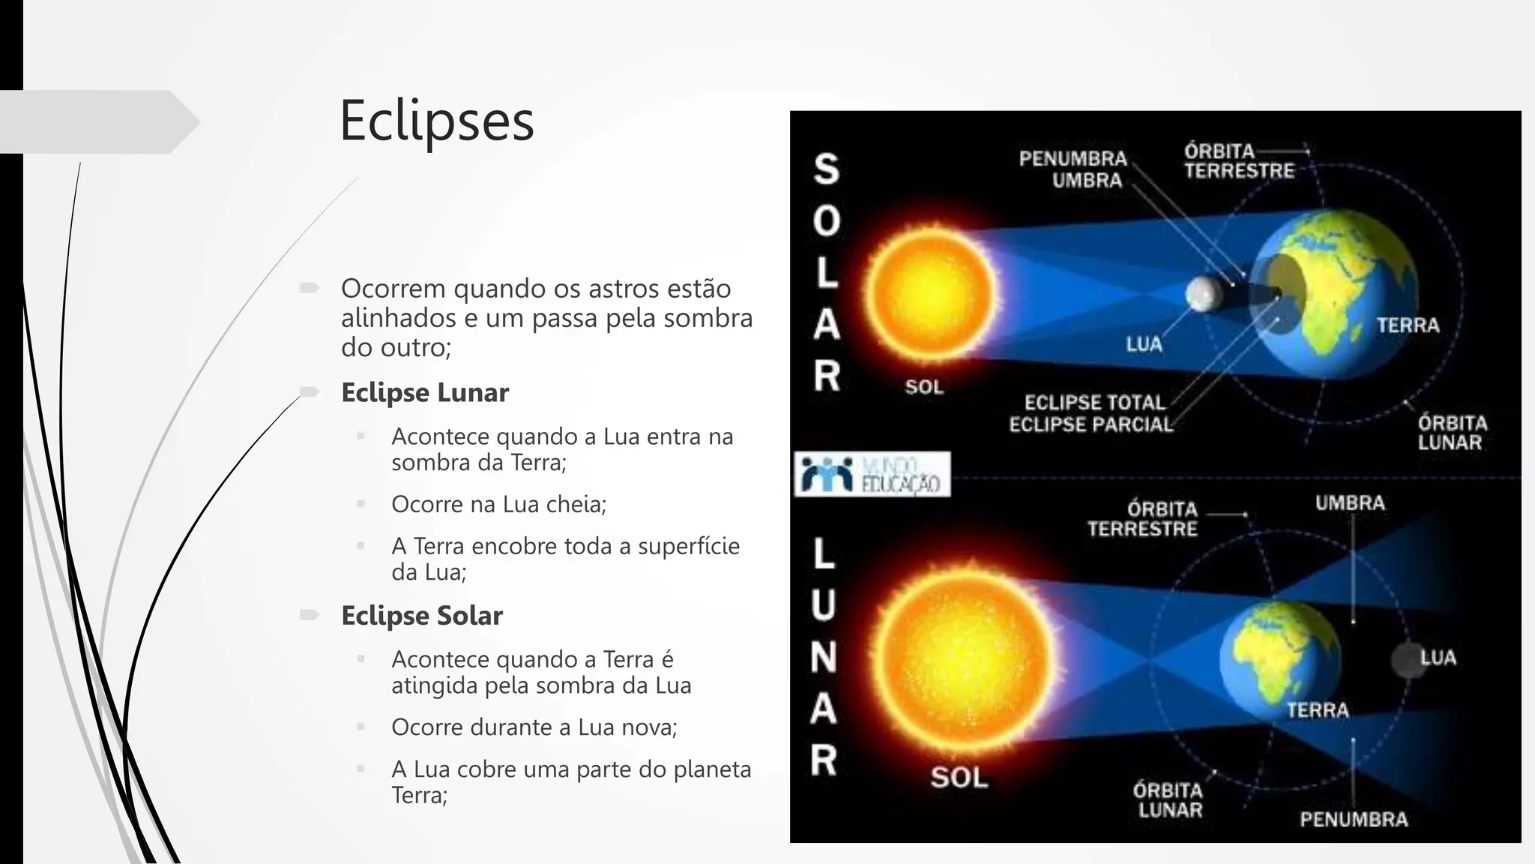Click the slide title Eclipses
(436, 120)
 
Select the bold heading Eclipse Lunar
(424, 392)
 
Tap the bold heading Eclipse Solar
(421, 615)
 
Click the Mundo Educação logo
(872, 474)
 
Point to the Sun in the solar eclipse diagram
(929, 289)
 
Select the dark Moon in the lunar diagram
(1408, 661)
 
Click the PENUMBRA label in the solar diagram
(1073, 159)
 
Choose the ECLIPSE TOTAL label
(1094, 403)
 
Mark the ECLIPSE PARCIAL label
(1091, 424)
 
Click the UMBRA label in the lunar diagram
(1350, 502)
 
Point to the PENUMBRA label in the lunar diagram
(1354, 819)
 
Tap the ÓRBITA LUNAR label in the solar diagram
(1452, 433)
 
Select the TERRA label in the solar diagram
(1408, 325)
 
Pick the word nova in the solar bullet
(652, 727)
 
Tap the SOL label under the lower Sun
(959, 777)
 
